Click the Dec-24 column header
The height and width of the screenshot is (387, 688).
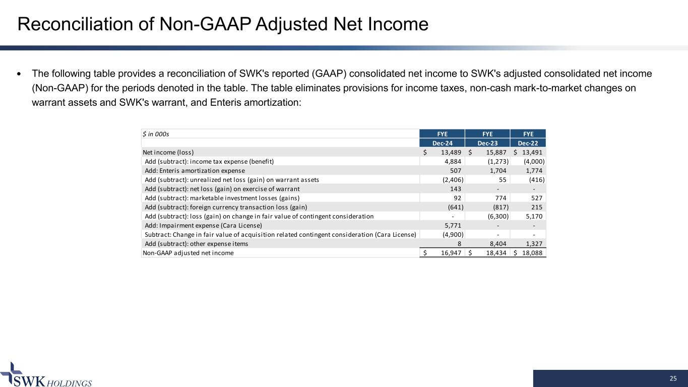click(x=442, y=143)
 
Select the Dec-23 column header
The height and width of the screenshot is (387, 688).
click(x=487, y=143)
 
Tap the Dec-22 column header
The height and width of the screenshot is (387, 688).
click(x=528, y=143)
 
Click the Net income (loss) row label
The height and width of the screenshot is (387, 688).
click(x=168, y=152)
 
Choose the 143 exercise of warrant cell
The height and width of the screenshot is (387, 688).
click(x=456, y=189)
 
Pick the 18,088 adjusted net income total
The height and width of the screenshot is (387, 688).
click(x=532, y=253)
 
